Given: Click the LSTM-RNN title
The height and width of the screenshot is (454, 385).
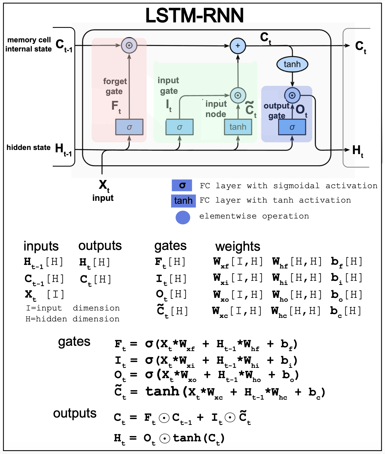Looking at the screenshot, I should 195,15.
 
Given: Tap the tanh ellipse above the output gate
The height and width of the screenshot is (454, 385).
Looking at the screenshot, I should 292,64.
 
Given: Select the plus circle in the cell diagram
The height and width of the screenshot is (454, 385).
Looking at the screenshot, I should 238,46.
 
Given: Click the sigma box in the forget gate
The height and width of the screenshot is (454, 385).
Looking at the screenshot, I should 129,127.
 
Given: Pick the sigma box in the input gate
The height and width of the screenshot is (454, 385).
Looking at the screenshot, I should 180,127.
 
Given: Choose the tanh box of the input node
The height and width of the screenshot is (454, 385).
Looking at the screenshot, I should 238,127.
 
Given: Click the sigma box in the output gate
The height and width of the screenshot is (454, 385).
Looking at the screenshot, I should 292,127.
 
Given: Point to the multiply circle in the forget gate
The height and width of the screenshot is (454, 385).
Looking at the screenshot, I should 129,46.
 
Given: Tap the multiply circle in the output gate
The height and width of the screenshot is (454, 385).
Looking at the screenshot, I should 292,95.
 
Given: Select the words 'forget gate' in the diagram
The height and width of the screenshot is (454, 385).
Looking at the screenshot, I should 115,86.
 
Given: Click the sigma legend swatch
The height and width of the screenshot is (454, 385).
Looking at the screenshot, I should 182,186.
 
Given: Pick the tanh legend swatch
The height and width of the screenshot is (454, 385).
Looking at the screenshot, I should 183,201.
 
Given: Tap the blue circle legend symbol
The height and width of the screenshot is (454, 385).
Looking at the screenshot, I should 183,218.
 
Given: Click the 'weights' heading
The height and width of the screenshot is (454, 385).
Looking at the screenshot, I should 238,246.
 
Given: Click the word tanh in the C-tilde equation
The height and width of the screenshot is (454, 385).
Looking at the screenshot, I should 162,391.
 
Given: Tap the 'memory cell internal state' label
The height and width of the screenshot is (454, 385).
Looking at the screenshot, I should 29,44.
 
